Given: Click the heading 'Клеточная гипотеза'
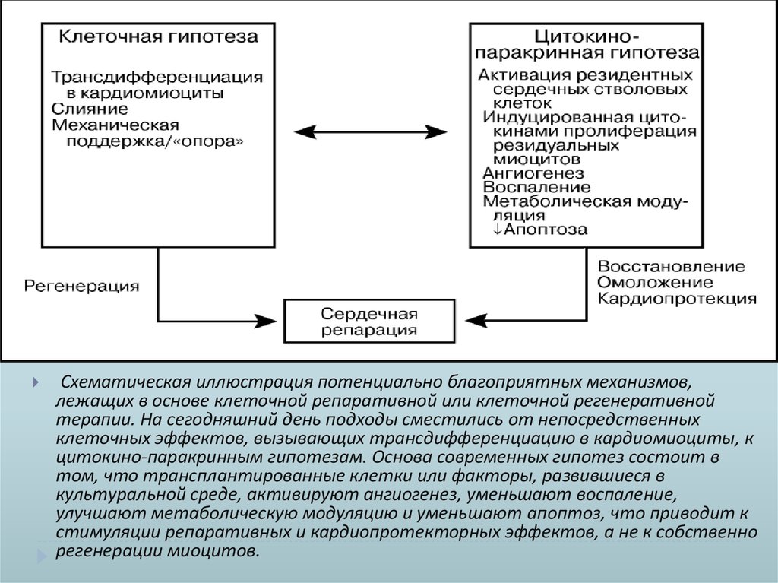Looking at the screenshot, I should coord(159,36).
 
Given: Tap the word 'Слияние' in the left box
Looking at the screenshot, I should coord(85,109).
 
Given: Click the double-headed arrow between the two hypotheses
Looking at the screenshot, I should coord(371,131).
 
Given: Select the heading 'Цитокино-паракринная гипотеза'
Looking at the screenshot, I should coord(585,45).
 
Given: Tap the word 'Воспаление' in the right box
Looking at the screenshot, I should coord(536,187).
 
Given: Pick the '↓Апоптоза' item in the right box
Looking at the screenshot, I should coord(539,230).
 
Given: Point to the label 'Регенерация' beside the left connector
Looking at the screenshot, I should coord(82,286).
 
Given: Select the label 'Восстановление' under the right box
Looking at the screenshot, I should coord(671,267).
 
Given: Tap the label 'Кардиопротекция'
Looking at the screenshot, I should coord(676,299).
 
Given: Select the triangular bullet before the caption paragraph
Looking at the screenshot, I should coord(36,382).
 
